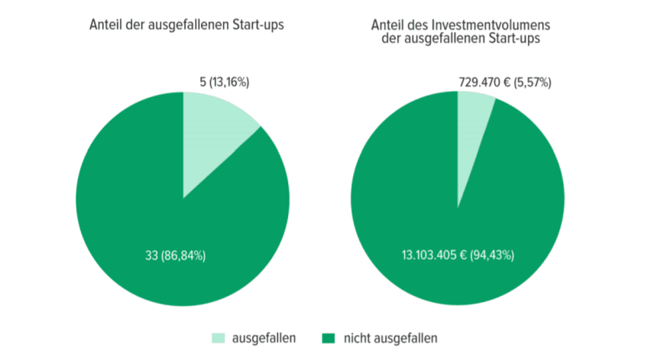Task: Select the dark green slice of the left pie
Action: (153, 229)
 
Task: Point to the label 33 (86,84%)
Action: (175, 255)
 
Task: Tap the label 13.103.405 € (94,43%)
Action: (457, 255)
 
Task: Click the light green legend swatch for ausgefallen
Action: (218, 338)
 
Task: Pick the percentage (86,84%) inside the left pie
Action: (185, 255)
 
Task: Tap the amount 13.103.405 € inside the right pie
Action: (434, 255)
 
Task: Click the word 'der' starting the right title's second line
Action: (391, 38)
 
